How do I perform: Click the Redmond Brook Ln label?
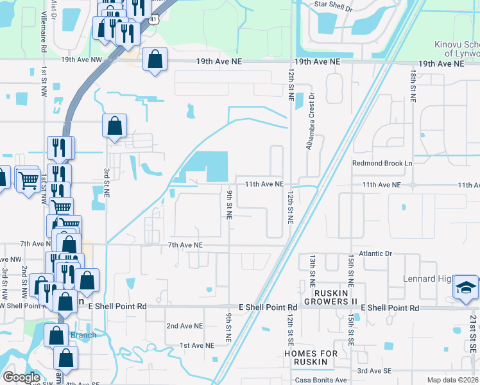[382, 164]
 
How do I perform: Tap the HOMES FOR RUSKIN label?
[311, 357]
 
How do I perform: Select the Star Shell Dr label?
[333, 6]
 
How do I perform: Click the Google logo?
[21, 377]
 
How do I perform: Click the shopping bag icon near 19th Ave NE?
[155, 61]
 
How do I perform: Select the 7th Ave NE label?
[185, 245]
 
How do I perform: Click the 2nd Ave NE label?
[185, 326]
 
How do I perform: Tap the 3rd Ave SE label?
[374, 371]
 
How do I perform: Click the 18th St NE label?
[411, 87]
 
